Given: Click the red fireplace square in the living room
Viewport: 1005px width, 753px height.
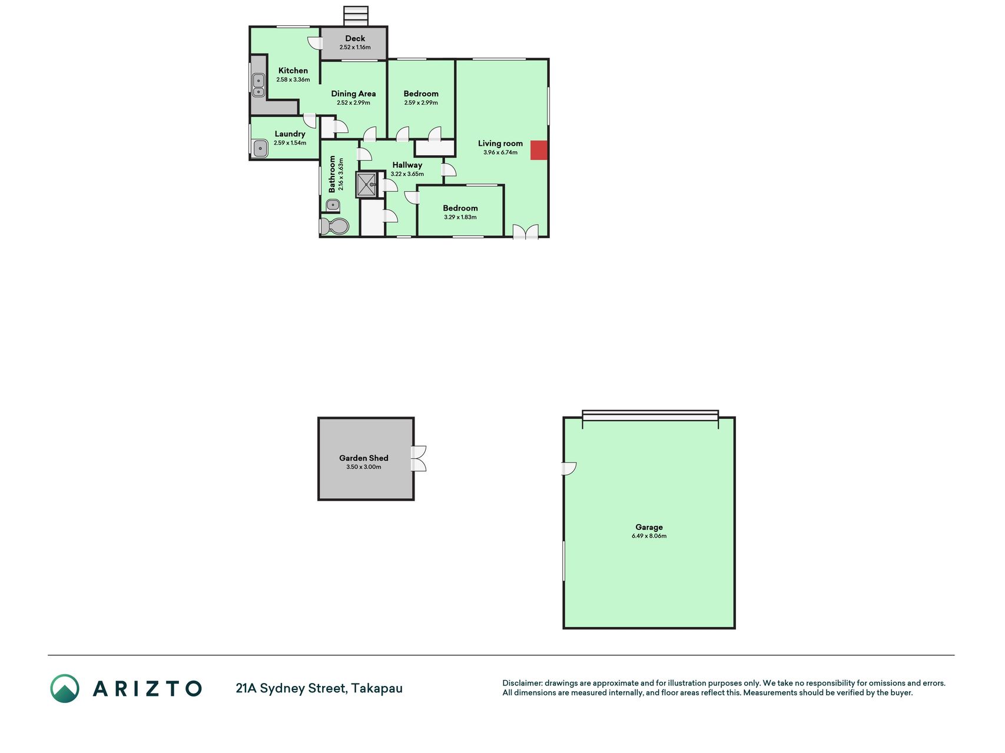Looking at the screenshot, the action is coord(539,150).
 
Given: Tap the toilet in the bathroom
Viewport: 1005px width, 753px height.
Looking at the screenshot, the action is coord(334,226).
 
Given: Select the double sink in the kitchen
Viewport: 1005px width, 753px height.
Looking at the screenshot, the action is coord(258,85).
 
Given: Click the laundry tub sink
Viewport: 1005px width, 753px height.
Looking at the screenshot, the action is coord(260,148).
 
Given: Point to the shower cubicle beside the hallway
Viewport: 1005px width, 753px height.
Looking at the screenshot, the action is coord(366,185).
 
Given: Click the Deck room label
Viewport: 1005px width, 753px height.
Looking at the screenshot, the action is coord(355,38).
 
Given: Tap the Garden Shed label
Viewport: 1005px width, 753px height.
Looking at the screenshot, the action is coord(364,458).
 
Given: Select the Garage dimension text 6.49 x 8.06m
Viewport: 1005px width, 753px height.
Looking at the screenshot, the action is coord(649,536).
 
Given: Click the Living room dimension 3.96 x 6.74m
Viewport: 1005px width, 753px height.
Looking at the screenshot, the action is coord(500,152).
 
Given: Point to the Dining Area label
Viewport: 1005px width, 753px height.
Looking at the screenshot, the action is coord(353,94).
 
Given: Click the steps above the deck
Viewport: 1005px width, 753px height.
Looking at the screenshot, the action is coord(356,16).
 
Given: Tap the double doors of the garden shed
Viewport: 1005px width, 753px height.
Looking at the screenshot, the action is coord(419,459).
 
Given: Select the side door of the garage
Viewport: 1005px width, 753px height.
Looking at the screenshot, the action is coord(569,468).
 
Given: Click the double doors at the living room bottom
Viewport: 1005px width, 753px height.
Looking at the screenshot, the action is coord(525,232).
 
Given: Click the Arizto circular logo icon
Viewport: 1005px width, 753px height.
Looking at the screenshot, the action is coord(65,688).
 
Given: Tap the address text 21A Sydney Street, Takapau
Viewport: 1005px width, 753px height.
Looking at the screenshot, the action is coord(319,688).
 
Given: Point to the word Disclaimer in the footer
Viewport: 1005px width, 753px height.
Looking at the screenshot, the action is coord(522,683).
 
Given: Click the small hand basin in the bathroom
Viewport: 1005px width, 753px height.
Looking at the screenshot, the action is coord(333,205).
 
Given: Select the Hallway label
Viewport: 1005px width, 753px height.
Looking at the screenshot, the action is coord(407,165).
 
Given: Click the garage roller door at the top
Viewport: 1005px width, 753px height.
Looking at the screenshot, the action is coord(650,415).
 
